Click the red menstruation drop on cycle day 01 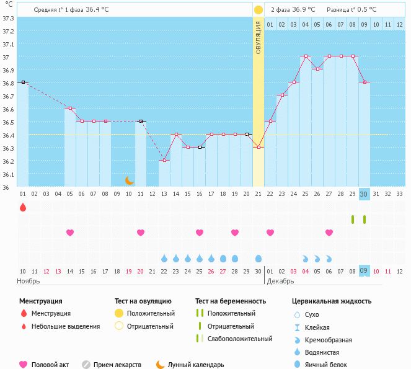coord(23,207)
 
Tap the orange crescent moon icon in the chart coord(129,180)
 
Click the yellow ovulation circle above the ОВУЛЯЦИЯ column coord(258,10)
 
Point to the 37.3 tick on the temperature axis coord(9,18)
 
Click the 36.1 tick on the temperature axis coord(9,175)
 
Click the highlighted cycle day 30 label coord(365,193)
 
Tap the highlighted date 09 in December coord(365,270)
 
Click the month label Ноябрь coord(28,281)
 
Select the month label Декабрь coord(281,281)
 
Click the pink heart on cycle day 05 coord(70,233)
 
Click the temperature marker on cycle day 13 coord(164,161)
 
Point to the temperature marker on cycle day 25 coord(306,56)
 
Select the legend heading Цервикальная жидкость coord(332,301)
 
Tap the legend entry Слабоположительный coord(240,339)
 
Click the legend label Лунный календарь coord(196,365)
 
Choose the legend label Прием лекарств coord(117,365)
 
